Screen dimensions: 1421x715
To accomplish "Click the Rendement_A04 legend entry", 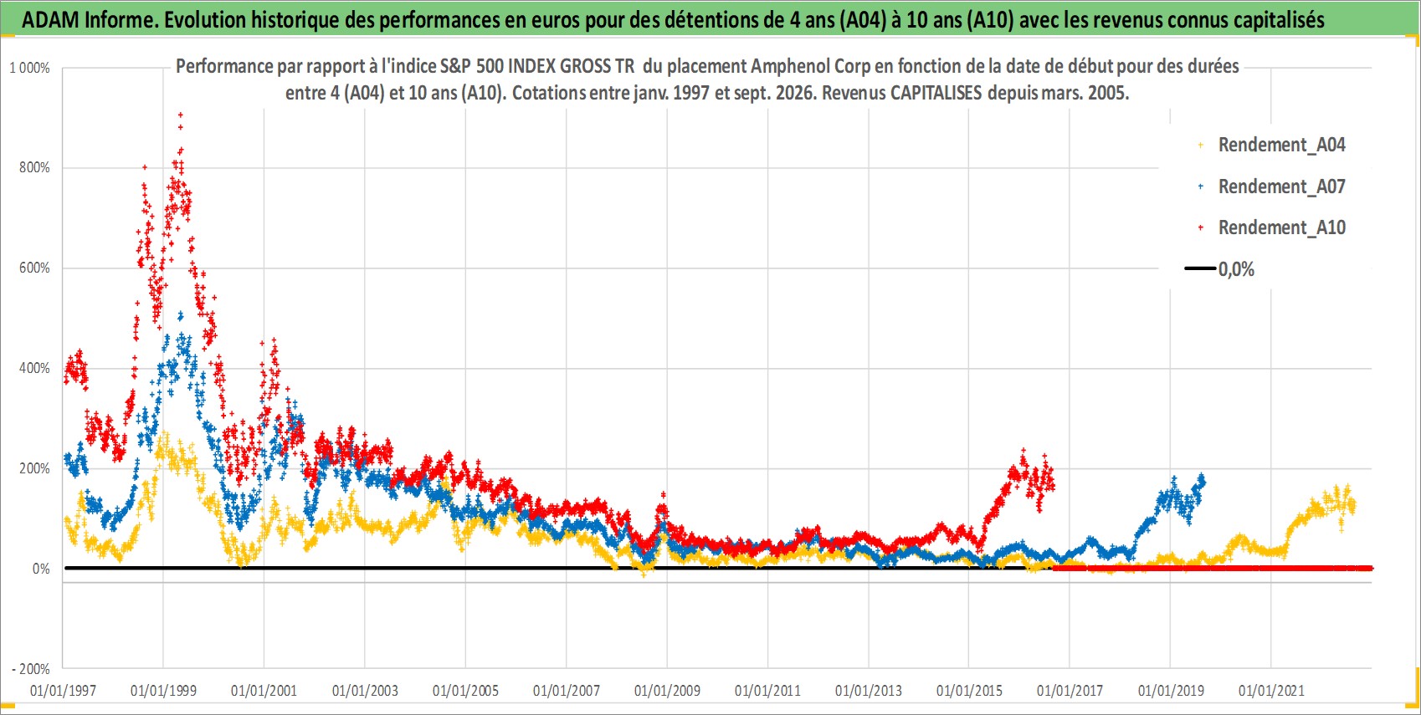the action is coord(1271,145).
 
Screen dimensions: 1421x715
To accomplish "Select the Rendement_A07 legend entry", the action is coord(1271,186).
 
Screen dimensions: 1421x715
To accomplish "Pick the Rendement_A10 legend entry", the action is coord(1271,227).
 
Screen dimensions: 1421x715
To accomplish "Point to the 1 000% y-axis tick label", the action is coord(29,68).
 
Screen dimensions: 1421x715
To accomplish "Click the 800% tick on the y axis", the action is coord(34,167).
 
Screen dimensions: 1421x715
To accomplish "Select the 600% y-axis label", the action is coord(34,268).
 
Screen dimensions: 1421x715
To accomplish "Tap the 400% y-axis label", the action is coord(34,368).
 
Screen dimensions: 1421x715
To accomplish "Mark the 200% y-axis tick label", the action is coord(34,468).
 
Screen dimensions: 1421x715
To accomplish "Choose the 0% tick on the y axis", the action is coord(41,569).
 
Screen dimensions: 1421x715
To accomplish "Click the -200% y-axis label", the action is coord(30,669).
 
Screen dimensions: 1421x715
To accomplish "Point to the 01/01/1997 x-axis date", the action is coord(63,690).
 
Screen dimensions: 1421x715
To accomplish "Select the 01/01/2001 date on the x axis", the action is coord(264,690).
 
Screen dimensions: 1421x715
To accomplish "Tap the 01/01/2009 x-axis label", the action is coord(667,690).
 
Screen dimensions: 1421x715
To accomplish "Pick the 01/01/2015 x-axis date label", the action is coord(969,690).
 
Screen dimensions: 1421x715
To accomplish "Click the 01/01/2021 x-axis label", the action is coord(1271,690).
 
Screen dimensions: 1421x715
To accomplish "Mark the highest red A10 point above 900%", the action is coord(181,115).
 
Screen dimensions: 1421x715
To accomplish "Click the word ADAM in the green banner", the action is coord(51,20).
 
